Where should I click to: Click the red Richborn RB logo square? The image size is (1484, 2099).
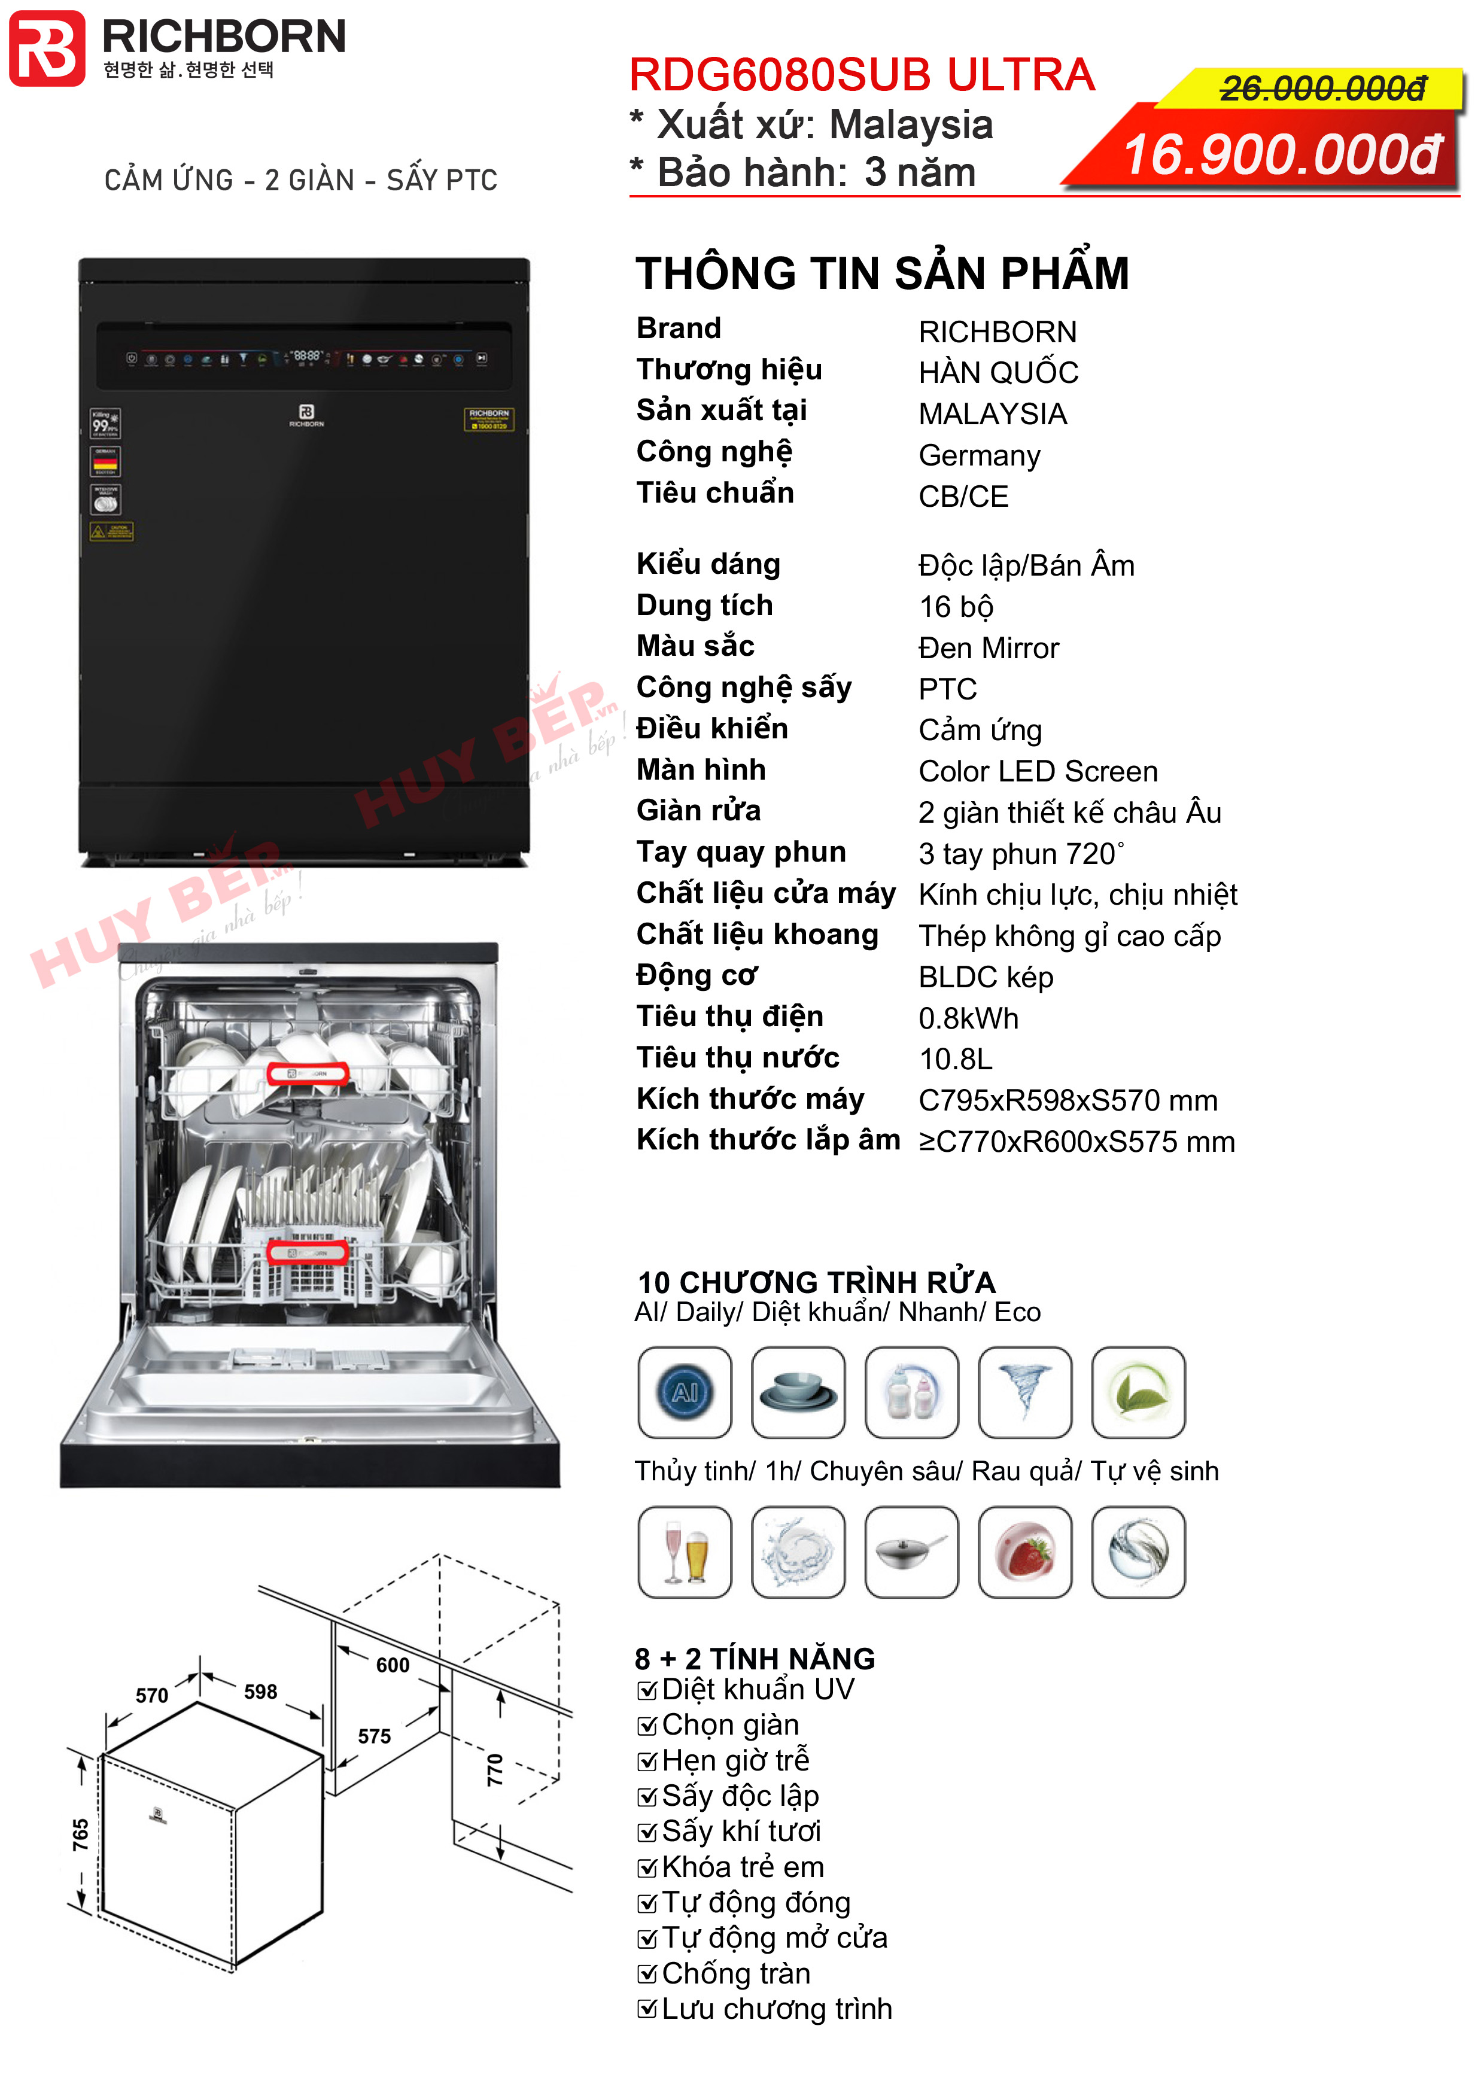(47, 48)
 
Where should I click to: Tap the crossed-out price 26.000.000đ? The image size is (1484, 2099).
(1322, 89)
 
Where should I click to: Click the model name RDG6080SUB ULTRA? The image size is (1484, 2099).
(861, 75)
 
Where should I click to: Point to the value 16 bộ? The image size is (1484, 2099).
(956, 607)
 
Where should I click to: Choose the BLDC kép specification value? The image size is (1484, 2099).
(986, 977)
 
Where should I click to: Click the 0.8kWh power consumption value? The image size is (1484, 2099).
(968, 1018)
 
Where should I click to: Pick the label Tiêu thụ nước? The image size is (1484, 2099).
(737, 1058)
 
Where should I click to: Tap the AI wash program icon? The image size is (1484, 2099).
(685, 1391)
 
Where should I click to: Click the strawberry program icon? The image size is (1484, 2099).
(1025, 1552)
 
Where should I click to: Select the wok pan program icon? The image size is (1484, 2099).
(911, 1552)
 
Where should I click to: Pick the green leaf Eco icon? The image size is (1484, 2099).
(1138, 1391)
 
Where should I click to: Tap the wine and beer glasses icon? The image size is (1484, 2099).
(685, 1552)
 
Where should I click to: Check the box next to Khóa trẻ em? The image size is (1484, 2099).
(647, 1867)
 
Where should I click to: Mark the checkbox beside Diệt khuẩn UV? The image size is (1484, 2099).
(647, 1690)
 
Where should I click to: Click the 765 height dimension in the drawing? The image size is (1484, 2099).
(80, 1834)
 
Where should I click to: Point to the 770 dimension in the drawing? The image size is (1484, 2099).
(495, 1770)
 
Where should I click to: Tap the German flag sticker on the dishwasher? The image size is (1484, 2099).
(105, 463)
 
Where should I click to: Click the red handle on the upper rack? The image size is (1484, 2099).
(307, 1074)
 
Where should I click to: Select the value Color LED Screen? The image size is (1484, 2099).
(1038, 772)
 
